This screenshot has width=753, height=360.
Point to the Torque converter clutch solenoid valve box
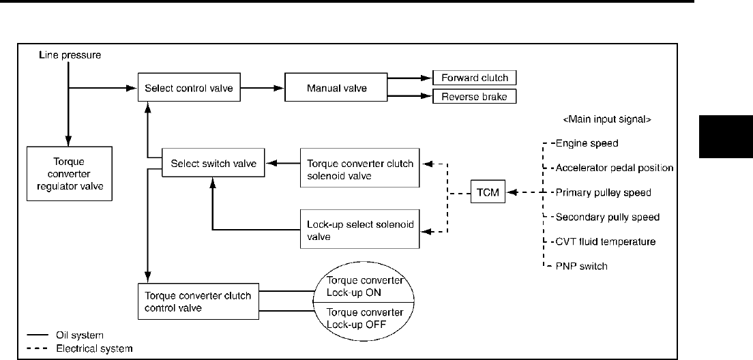point(359,170)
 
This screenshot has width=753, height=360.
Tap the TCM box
point(488,193)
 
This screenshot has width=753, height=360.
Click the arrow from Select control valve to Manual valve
point(262,88)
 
